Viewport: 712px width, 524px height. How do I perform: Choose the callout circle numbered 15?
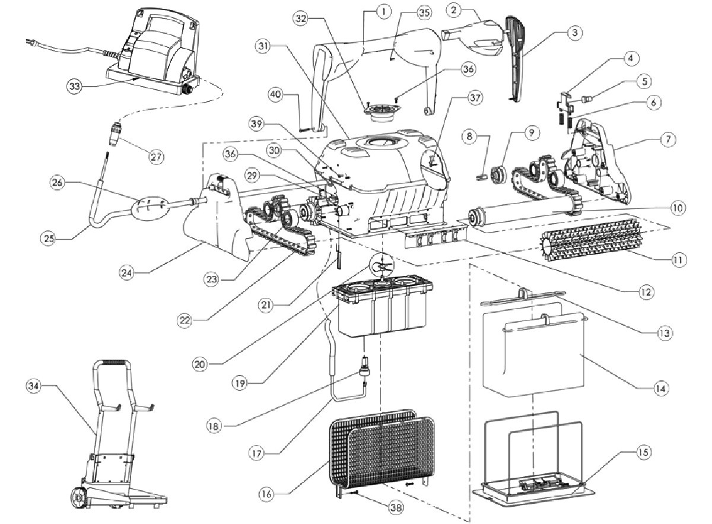[643, 452]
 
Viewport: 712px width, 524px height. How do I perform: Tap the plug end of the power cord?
[28, 40]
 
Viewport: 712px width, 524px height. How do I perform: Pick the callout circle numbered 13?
[665, 332]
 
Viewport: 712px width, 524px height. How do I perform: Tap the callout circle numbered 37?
[459, 96]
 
